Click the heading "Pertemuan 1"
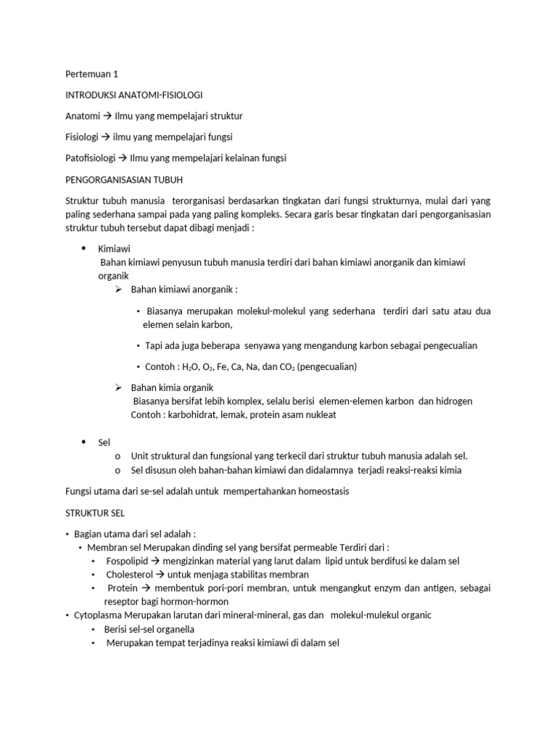pos(91,74)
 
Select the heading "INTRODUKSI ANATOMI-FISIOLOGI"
pos(133,95)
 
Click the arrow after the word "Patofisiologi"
pos(122,158)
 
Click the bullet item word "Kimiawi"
pos(114,249)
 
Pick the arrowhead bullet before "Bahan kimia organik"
pos(119,387)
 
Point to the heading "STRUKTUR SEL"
pos(95,512)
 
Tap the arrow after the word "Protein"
pos(145,588)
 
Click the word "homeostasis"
pos(318,491)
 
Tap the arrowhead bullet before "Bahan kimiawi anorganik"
pos(119,290)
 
